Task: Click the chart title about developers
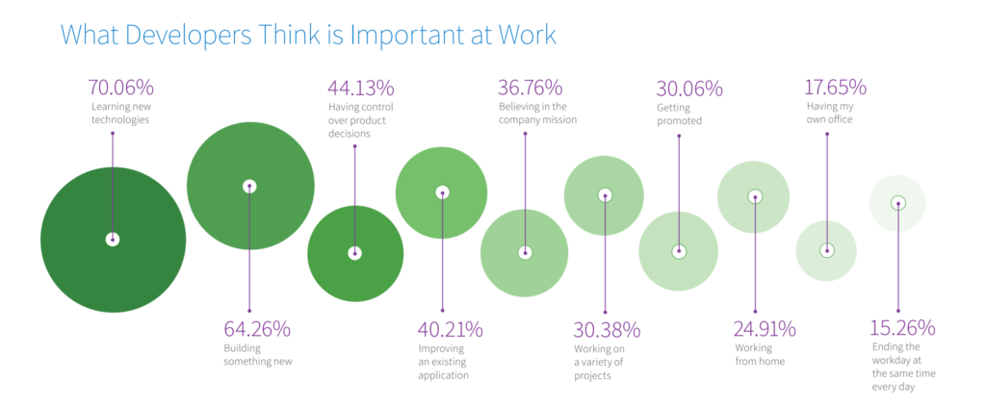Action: coord(308,35)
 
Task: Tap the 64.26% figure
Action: coord(257,329)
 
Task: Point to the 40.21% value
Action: coord(451,329)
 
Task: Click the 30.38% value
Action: coord(607,329)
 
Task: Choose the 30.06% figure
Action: coord(689,89)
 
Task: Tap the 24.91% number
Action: coord(765,329)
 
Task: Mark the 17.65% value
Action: coord(836,88)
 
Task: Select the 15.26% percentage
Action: coord(902,329)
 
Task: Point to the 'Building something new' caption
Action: coord(257,355)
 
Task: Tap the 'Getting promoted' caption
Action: coord(680,115)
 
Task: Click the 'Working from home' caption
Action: coord(760,355)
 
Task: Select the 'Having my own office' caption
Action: coord(829,113)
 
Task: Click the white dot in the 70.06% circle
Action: coord(113,240)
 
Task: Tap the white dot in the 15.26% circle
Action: coord(897,203)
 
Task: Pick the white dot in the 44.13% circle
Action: coord(355,253)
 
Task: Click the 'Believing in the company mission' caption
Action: coord(537,113)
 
